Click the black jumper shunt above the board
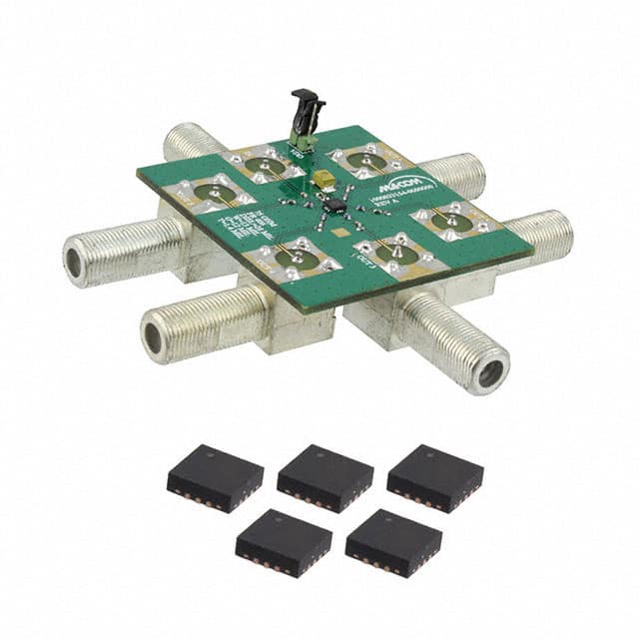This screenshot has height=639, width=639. pyautogui.click(x=305, y=107)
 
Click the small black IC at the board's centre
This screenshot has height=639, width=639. pyautogui.click(x=337, y=205)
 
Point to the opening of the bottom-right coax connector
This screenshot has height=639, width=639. pyautogui.click(x=490, y=373)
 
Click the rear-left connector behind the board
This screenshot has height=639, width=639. pyautogui.click(x=190, y=143)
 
